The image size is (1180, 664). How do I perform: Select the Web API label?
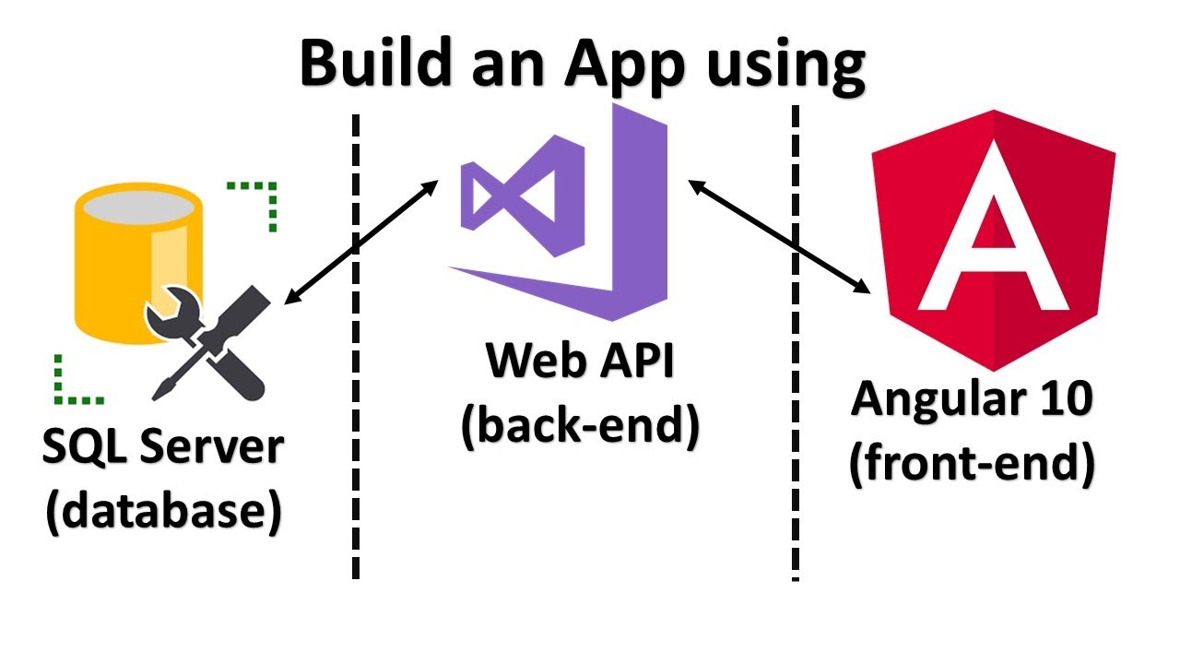tap(581, 361)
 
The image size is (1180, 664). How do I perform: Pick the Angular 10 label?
tap(972, 398)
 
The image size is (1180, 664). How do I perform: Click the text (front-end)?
tap(972, 462)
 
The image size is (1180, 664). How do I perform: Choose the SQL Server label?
tap(162, 448)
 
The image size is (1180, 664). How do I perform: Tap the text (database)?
tap(162, 513)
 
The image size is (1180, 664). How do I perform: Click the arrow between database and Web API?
tap(362, 242)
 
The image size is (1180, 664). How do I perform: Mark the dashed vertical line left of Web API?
tap(355, 461)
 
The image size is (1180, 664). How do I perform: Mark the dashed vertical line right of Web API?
tap(795, 461)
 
